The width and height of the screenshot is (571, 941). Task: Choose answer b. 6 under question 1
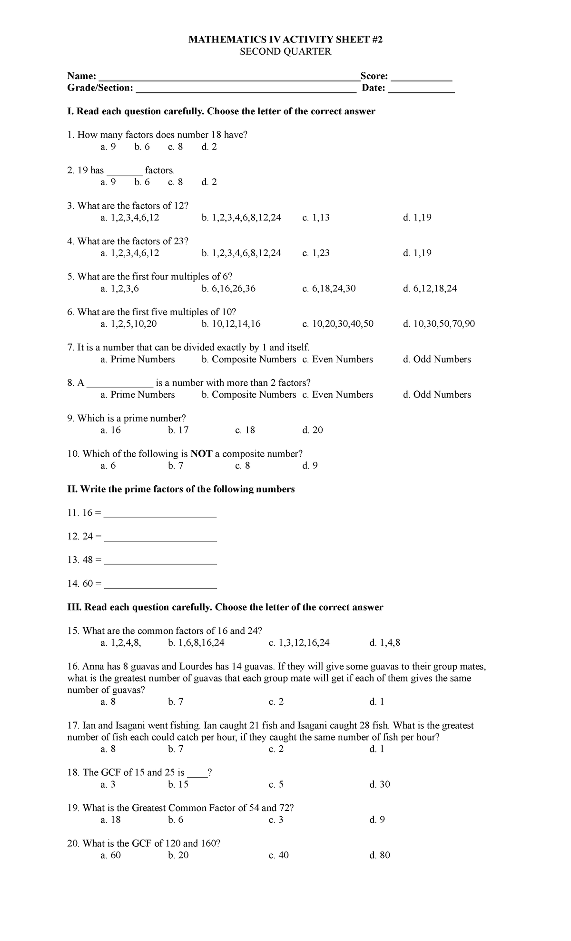[142, 147]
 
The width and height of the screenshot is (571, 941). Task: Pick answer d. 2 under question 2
[209, 182]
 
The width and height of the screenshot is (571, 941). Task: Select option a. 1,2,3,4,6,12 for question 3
[130, 218]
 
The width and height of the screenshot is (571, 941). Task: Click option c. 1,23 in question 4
[316, 253]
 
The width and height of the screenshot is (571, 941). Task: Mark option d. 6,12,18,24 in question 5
[430, 289]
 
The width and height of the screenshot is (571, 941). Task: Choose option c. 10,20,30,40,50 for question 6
[338, 324]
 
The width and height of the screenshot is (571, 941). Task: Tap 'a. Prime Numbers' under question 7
[138, 360]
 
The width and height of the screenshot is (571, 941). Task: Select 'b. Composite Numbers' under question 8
[248, 395]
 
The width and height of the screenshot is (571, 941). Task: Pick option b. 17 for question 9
[178, 430]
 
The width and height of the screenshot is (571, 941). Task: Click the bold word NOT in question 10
[201, 454]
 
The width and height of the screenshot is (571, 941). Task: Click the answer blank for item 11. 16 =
[160, 516]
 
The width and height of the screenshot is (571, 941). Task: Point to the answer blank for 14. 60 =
[160, 586]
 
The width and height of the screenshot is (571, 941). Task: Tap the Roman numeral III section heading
[225, 608]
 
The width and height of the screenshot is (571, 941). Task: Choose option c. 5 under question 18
[276, 784]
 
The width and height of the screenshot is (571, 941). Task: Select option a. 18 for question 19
[110, 820]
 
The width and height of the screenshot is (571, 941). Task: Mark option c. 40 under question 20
[278, 855]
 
